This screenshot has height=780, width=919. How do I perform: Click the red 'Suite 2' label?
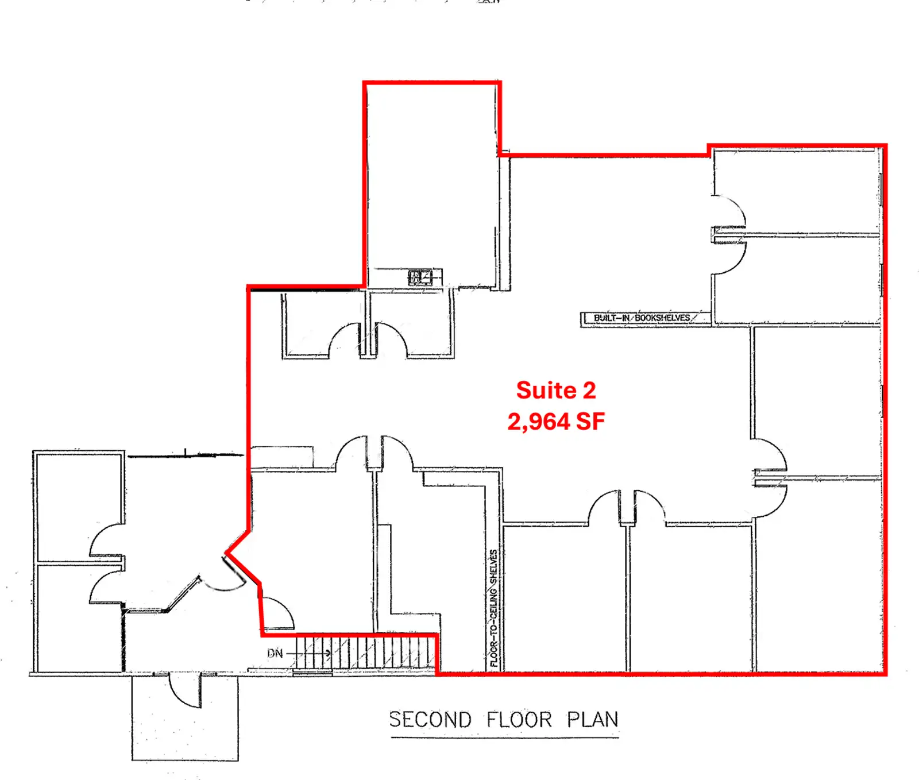(556, 391)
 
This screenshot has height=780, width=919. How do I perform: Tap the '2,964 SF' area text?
(556, 422)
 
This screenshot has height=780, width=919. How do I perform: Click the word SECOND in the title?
(430, 720)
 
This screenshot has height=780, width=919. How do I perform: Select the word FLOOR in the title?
(519, 720)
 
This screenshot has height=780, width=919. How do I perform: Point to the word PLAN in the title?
(593, 720)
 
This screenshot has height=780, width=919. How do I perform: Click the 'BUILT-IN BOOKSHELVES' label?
(642, 318)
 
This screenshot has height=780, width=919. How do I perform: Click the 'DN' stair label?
(275, 653)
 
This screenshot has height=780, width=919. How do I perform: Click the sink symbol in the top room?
(420, 277)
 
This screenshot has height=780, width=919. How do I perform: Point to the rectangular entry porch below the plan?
(185, 717)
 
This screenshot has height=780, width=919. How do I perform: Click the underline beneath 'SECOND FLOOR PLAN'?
(504, 737)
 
